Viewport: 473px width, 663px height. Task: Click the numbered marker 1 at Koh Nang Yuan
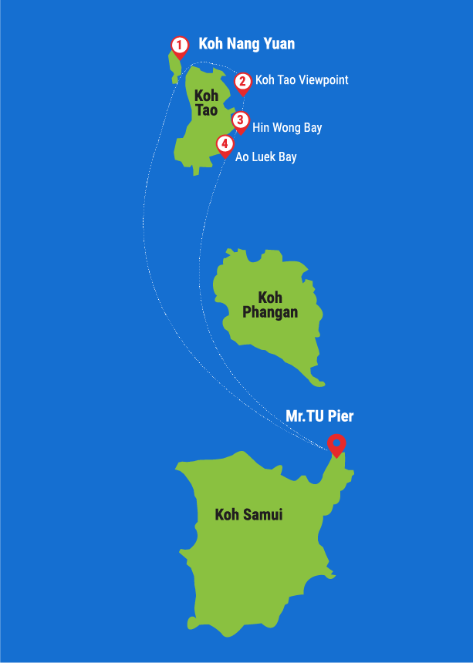179,45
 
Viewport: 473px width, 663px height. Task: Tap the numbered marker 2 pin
242,81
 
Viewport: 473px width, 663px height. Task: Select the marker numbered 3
241,121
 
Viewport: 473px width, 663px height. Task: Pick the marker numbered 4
224,144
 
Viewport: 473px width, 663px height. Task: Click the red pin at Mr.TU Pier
336,444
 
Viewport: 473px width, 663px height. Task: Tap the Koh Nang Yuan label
246,44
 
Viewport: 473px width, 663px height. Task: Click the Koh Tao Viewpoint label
302,80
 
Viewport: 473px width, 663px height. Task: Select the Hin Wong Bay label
287,127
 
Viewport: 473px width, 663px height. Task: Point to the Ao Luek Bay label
265,156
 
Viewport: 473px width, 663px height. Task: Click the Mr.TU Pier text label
319,416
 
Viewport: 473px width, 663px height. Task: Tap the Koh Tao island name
206,103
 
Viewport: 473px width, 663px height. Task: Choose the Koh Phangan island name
270,305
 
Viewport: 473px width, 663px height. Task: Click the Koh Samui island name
248,514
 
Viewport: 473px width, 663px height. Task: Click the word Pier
341,416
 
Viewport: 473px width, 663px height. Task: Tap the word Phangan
270,312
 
